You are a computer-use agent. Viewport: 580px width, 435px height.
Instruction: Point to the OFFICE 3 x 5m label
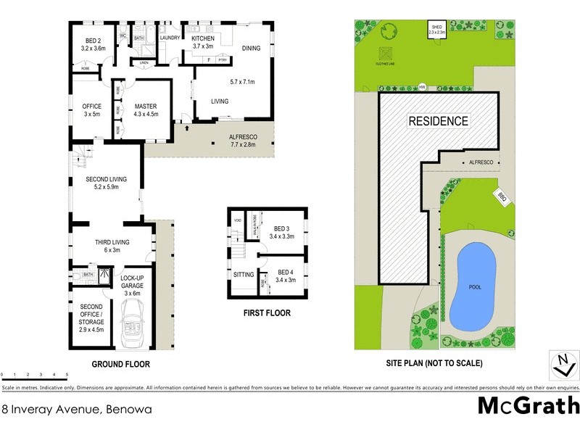pyautogui.click(x=91, y=109)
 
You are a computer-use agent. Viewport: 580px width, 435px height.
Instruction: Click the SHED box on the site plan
pyautogui.click(x=439, y=29)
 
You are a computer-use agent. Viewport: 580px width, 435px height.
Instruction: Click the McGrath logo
pyautogui.click(x=528, y=406)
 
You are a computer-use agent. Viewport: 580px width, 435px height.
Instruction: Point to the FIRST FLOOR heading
pyautogui.click(x=268, y=313)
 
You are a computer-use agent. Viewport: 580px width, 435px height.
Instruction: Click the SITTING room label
pyautogui.click(x=244, y=275)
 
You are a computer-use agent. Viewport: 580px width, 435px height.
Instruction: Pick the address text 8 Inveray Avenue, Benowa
pyautogui.click(x=76, y=410)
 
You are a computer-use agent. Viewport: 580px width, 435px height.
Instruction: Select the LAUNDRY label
pyautogui.click(x=170, y=38)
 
